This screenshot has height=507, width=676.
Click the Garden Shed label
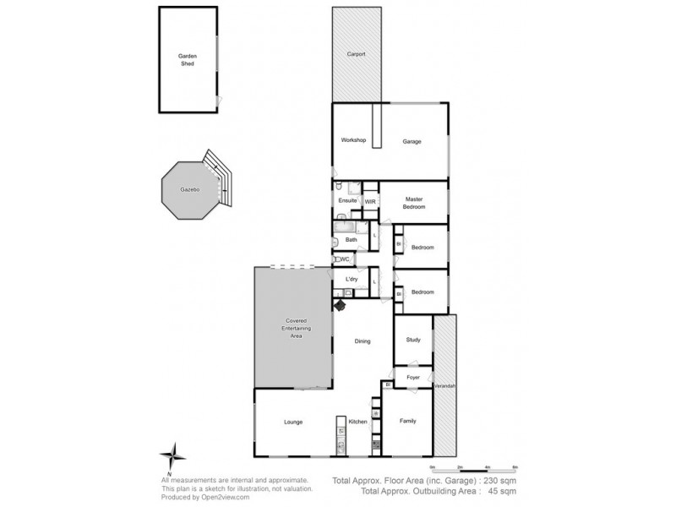pyautogui.click(x=187, y=59)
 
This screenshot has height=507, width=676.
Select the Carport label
pyautogui.click(x=356, y=54)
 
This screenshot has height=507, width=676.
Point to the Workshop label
pyautogui.click(x=352, y=139)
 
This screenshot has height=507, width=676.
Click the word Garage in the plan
pyautogui.click(x=412, y=141)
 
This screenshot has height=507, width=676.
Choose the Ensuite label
pyautogui.click(x=347, y=200)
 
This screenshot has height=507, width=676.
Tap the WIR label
pyautogui.click(x=370, y=201)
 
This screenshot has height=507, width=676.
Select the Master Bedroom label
pyautogui.click(x=413, y=203)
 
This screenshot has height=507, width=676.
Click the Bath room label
pyautogui.click(x=351, y=240)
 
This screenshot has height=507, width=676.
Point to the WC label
pyautogui.click(x=345, y=259)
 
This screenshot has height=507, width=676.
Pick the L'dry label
pyautogui.click(x=351, y=278)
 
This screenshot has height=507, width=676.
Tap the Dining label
pyautogui.click(x=363, y=342)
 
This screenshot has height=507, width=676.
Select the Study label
pyautogui.click(x=413, y=340)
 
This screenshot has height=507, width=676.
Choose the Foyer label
pyautogui.click(x=413, y=377)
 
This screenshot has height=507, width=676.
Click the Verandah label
pyautogui.click(x=444, y=385)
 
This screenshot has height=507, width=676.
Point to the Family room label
pyautogui.click(x=407, y=420)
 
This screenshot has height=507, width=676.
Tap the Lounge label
pyautogui.click(x=293, y=422)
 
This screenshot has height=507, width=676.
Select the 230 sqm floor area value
pyautogui.click(x=499, y=480)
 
